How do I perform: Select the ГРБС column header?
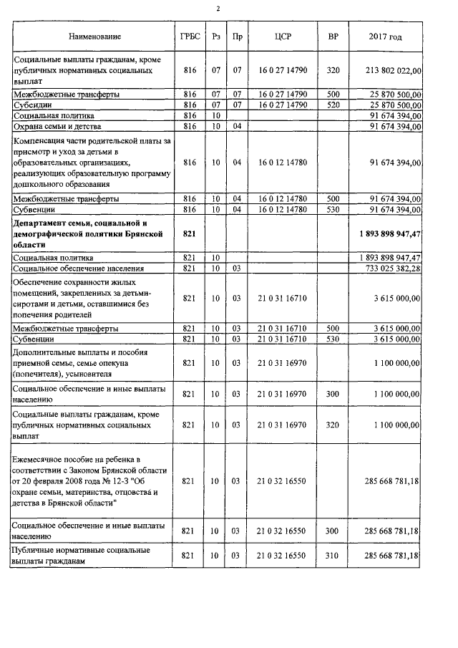[x=190, y=37]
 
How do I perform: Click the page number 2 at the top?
[x=218, y=8]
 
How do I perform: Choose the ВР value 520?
[x=333, y=105]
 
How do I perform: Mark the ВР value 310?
[x=333, y=556]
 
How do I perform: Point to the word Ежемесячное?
[x=42, y=459]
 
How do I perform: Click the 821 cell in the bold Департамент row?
[x=190, y=234]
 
